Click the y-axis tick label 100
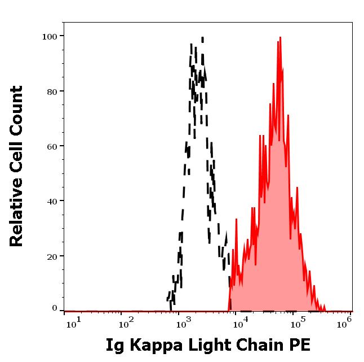point(50,37)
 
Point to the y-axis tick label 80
point(52,91)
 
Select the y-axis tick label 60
point(52,146)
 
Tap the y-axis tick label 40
point(52,201)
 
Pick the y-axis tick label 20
point(52,256)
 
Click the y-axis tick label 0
point(55,308)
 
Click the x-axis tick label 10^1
point(74,322)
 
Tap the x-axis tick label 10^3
point(184,322)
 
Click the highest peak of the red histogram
point(279,39)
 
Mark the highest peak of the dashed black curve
point(202,38)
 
